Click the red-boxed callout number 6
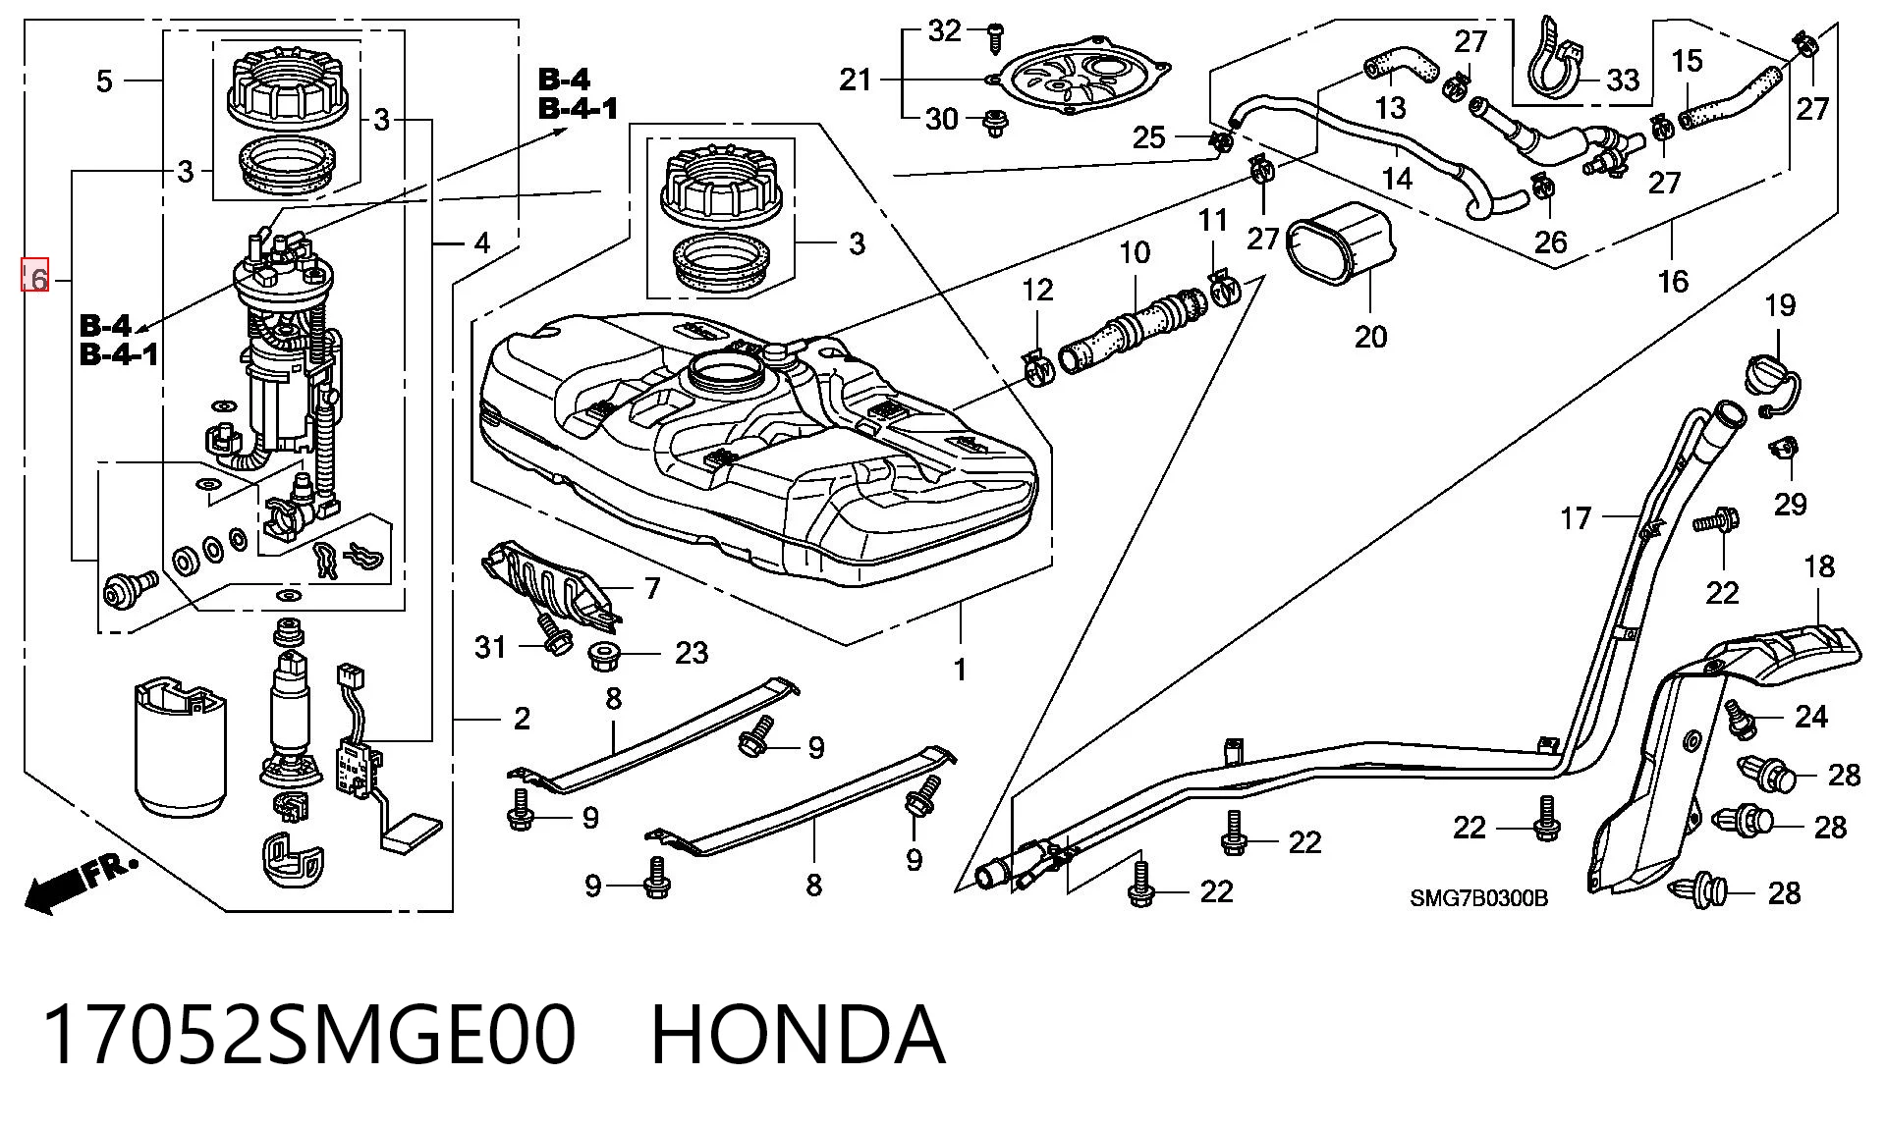[35, 278]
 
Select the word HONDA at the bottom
[798, 1035]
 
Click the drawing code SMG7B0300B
[1478, 898]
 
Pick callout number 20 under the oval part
[1370, 337]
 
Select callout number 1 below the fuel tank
[960, 670]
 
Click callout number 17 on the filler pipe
[1575, 517]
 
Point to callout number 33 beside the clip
[1623, 80]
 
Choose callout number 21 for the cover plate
[855, 79]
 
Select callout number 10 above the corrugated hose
[1135, 252]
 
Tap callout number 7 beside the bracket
[652, 588]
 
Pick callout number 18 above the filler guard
[1819, 566]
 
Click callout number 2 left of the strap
[522, 719]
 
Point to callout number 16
[1673, 282]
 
